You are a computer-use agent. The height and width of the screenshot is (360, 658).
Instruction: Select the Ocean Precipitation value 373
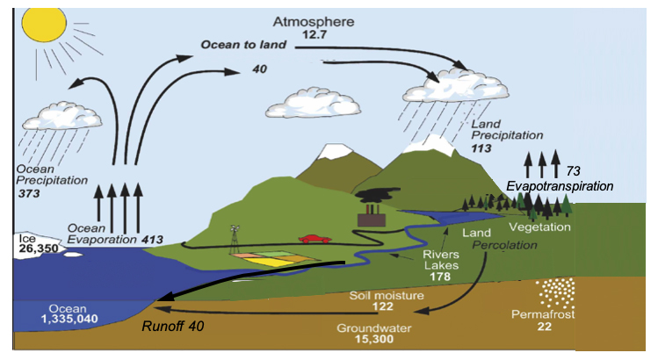(x=29, y=191)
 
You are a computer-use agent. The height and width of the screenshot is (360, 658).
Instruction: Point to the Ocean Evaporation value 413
(x=153, y=238)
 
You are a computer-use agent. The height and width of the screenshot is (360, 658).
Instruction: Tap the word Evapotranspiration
(x=560, y=187)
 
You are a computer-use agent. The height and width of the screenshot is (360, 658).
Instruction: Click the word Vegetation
(x=540, y=227)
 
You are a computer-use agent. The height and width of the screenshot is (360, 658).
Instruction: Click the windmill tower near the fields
(x=235, y=237)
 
